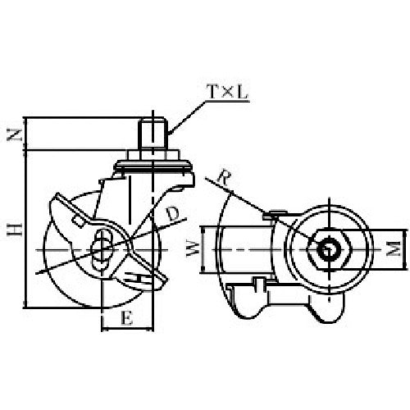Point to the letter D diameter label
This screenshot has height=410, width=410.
point(172,215)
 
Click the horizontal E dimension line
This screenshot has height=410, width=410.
point(127,330)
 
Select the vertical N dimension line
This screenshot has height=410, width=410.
point(28,134)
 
